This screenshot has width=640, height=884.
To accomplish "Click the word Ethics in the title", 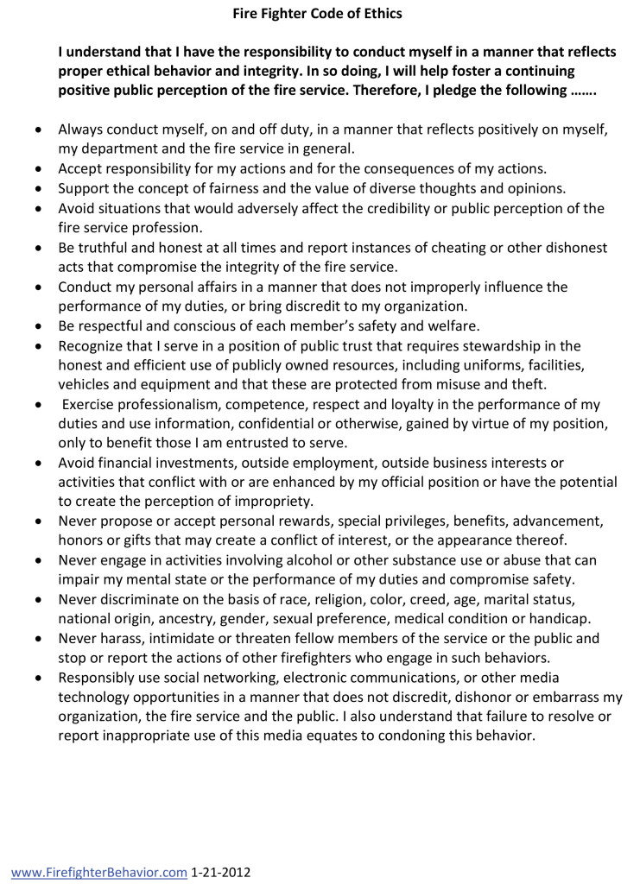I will coord(381,13).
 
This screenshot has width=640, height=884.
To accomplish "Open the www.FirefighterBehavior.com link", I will coord(99,872).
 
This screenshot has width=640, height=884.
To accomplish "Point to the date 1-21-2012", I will coord(221,872).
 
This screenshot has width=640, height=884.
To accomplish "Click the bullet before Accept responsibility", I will coord(37,169).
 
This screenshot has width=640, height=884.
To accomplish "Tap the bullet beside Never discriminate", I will coord(37,599).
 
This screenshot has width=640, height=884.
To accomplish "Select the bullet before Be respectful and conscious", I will coord(37,327).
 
